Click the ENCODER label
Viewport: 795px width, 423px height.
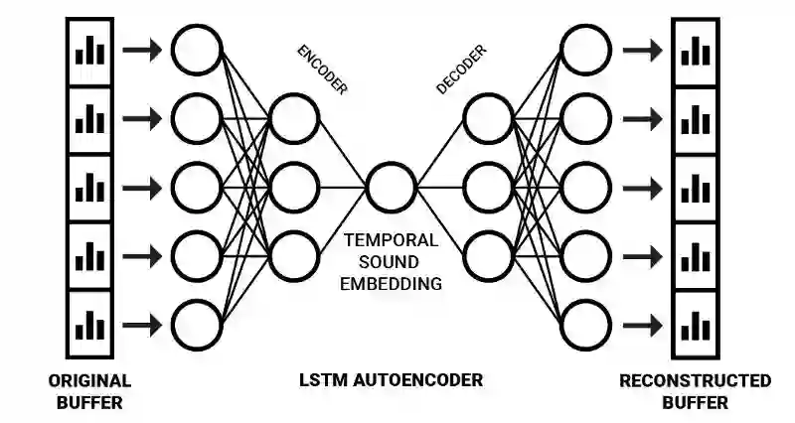click(322, 70)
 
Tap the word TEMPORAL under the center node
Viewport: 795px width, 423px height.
click(391, 240)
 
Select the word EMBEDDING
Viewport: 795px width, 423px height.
click(391, 284)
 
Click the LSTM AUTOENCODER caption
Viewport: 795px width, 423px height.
click(391, 380)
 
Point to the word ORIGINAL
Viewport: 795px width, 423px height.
click(89, 380)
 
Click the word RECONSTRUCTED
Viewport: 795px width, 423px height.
click(695, 380)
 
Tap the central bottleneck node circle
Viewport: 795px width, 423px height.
click(391, 187)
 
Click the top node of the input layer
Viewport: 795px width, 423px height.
click(196, 50)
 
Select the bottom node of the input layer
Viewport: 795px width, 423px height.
click(196, 324)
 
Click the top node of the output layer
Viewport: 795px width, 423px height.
click(585, 50)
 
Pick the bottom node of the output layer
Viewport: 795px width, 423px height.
click(585, 324)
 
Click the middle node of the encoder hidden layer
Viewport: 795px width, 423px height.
click(293, 187)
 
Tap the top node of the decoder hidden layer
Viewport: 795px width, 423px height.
click(488, 118)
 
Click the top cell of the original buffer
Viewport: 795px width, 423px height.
click(89, 51)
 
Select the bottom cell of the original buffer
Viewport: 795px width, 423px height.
click(89, 324)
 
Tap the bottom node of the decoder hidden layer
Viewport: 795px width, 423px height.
click(488, 255)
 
